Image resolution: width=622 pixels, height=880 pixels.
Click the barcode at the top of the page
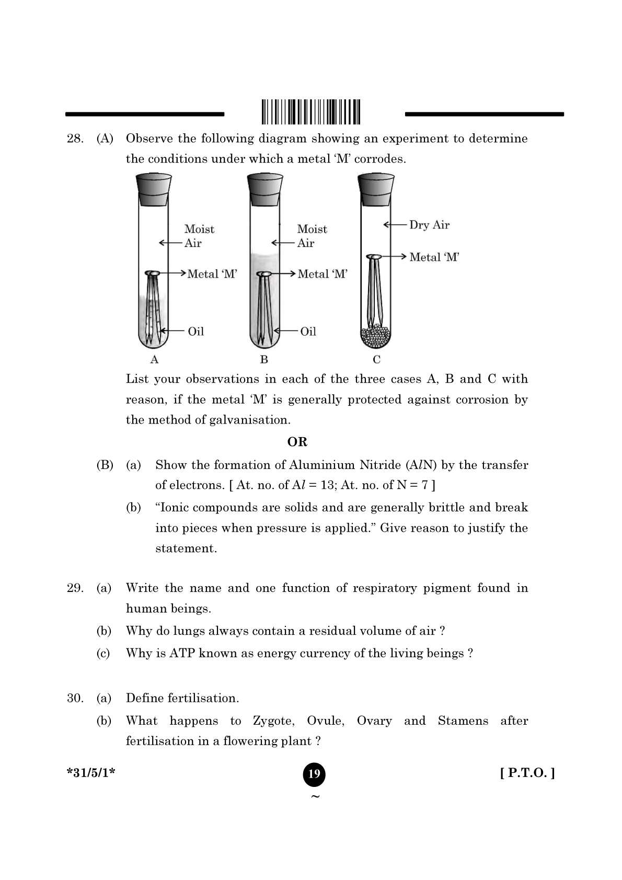point(312,111)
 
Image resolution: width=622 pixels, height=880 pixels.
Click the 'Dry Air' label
point(429,225)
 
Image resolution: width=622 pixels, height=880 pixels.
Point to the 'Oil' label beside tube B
point(308,331)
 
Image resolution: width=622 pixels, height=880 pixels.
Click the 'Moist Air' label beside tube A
point(199,236)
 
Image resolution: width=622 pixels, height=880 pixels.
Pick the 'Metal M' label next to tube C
point(434,257)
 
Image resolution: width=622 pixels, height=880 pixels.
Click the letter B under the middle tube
point(264,360)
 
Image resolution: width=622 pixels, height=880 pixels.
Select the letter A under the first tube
point(154,360)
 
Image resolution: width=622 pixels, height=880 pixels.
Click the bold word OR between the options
point(297,442)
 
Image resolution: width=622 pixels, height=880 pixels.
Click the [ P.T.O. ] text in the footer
point(527,773)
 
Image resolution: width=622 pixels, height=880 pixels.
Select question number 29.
point(75,588)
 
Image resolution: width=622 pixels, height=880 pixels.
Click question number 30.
point(75,699)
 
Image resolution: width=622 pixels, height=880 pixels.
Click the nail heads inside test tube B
point(264,274)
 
